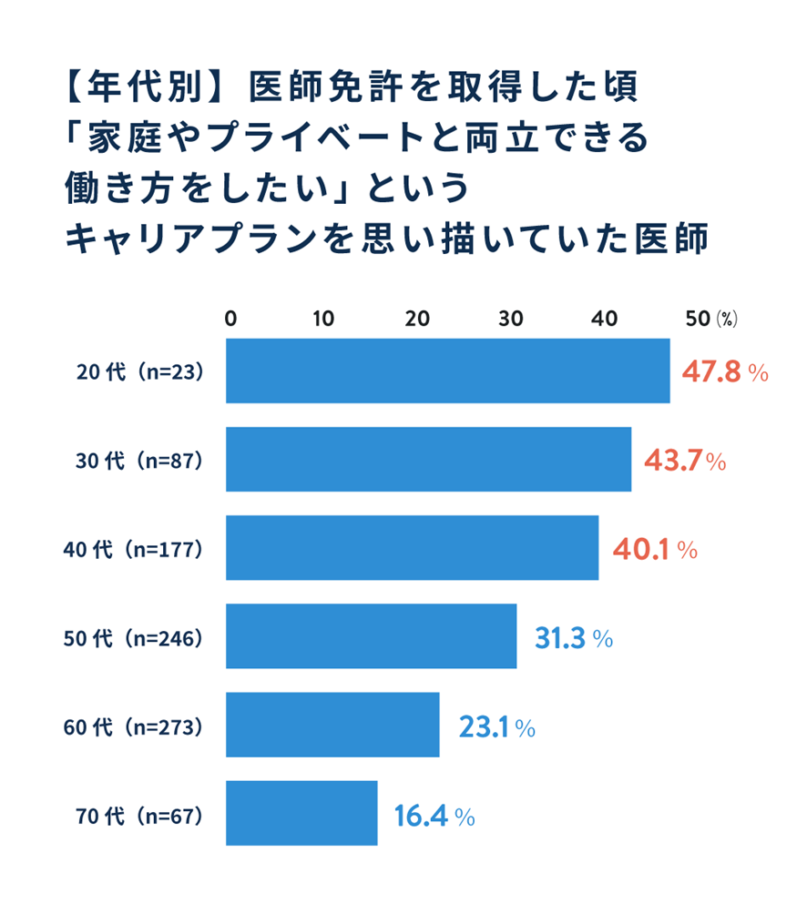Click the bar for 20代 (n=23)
point(447,371)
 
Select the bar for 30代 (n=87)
point(428,460)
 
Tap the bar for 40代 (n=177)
point(412,548)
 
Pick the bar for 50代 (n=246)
point(371,636)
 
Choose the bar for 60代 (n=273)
point(332,725)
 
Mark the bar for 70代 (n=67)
point(301,813)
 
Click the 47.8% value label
point(725,372)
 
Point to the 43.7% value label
point(685,461)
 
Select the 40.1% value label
point(654,549)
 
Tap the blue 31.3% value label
point(572,638)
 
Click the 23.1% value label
point(495,726)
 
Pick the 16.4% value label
point(434,815)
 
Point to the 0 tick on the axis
point(230,319)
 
